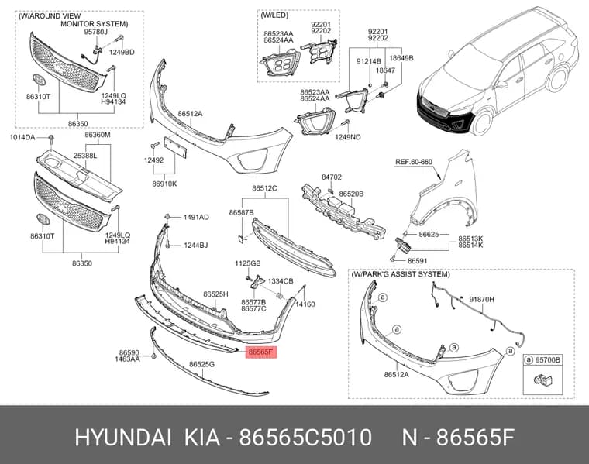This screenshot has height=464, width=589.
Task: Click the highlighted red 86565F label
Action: (261, 352)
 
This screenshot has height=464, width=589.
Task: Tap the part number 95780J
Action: (95, 33)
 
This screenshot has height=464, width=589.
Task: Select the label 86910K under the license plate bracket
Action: (164, 184)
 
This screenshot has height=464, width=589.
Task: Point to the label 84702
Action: (332, 177)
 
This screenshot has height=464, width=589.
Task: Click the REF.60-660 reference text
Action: (414, 162)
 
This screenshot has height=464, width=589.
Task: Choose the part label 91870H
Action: (482, 299)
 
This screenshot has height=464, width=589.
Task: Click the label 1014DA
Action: (22, 137)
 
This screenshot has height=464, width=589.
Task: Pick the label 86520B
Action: (351, 194)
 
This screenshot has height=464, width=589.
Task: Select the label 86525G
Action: (201, 364)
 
